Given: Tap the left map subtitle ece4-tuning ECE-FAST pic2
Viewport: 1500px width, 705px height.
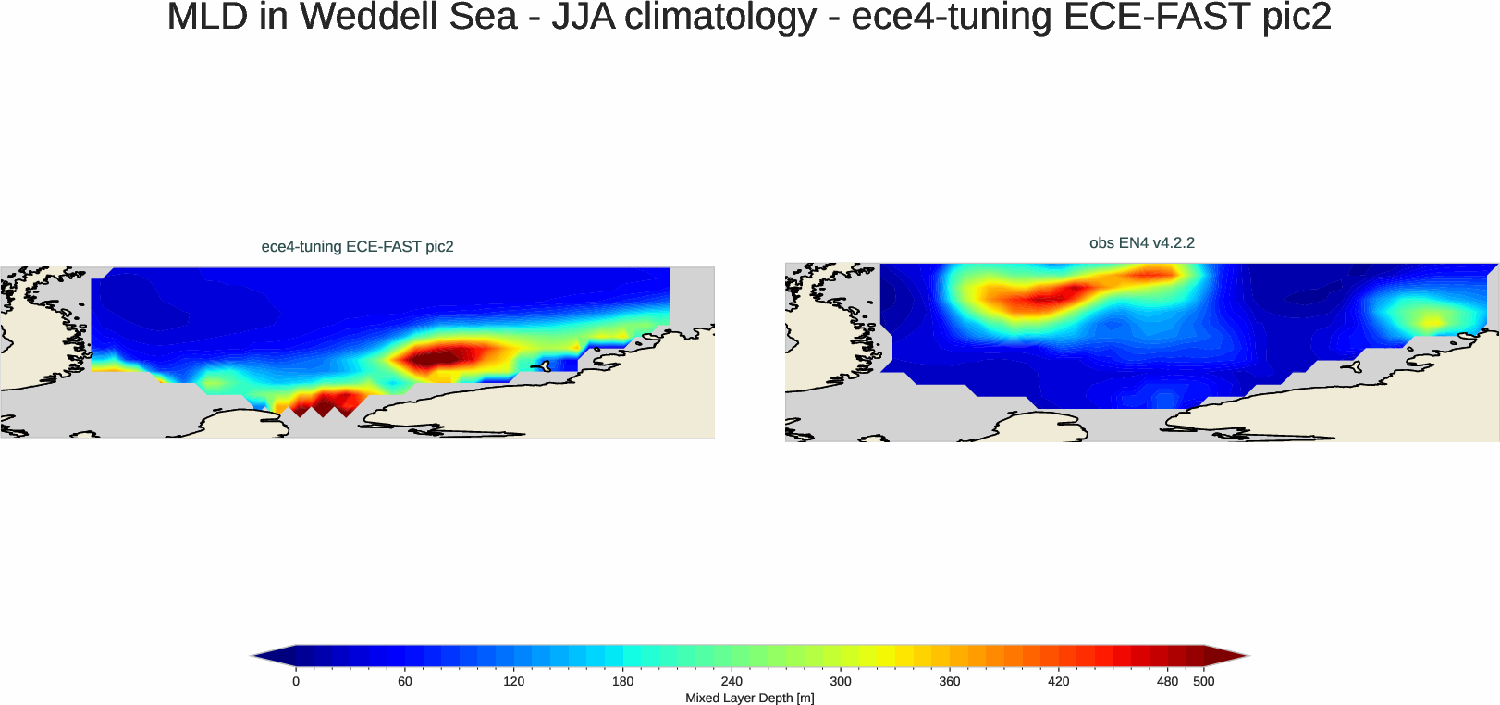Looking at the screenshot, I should click(357, 246).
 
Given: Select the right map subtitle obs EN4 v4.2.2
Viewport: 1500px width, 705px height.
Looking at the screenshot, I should click(1141, 242).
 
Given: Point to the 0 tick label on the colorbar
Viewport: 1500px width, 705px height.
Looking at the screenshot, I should click(296, 681).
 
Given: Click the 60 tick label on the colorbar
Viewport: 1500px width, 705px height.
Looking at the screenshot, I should click(405, 681).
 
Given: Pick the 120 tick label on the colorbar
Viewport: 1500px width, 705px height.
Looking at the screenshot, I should click(513, 681).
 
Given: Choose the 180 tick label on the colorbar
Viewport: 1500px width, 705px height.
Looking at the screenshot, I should click(622, 681).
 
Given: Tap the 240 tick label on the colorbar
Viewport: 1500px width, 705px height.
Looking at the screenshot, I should click(732, 681).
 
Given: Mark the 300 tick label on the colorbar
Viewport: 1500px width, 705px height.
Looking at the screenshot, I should click(841, 681).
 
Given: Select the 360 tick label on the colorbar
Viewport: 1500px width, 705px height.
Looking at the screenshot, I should click(950, 681).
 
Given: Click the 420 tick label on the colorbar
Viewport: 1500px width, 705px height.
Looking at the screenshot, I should click(1058, 681).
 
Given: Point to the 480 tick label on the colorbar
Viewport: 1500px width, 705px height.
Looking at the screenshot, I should click(1167, 681).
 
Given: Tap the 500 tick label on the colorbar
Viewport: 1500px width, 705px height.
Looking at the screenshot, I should click(1204, 681).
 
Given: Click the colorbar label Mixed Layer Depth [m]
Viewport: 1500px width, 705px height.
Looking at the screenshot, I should click(749, 698).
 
